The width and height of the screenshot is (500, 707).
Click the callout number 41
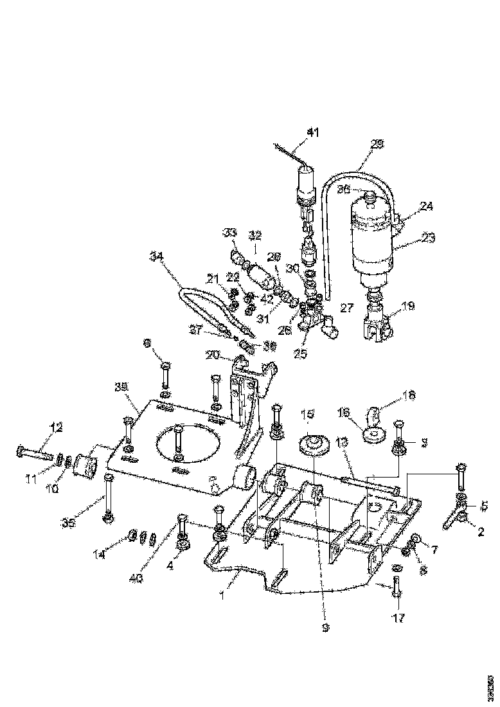pos(312,133)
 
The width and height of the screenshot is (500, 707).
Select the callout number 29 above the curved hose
pos(377,145)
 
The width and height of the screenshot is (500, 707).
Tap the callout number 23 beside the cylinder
pos(429,238)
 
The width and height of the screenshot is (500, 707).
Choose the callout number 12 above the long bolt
pos(57,427)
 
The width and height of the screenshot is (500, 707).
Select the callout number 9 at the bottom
pos(325,627)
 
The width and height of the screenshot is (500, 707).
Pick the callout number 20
pos(213,355)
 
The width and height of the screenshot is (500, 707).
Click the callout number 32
pos(255,235)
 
